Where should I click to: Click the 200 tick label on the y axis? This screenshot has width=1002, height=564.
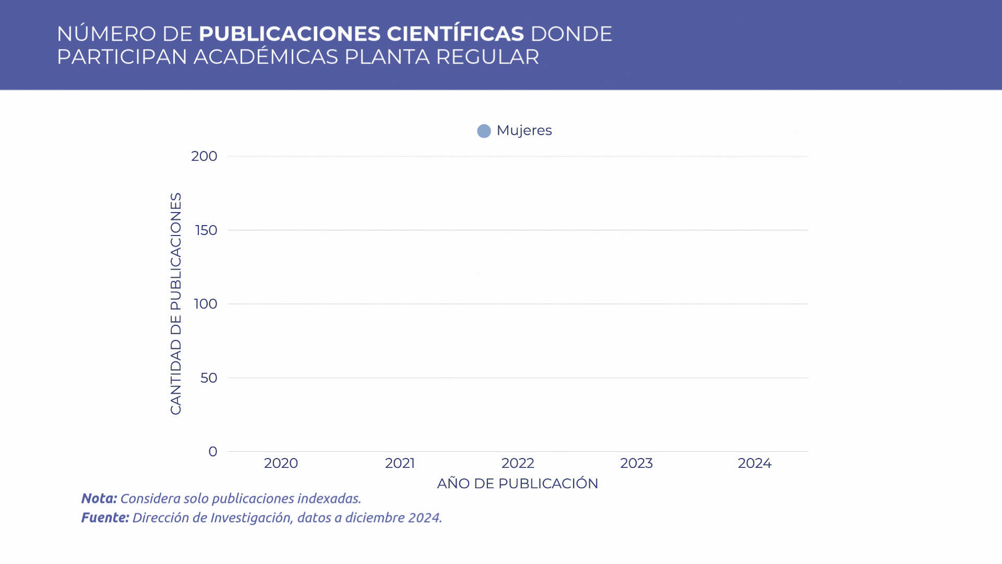tap(204, 156)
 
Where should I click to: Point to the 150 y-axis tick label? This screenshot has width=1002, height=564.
tap(206, 230)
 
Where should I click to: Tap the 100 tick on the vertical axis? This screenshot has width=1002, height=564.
tap(206, 304)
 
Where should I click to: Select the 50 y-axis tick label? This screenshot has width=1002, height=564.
tap(209, 378)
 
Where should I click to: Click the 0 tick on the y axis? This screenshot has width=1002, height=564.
tap(213, 452)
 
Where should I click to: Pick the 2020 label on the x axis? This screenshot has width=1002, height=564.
tap(281, 463)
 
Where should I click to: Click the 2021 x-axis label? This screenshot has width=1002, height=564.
tap(400, 463)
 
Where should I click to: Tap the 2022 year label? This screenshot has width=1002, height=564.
tap(518, 463)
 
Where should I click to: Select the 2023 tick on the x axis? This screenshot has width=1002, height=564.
tap(636, 463)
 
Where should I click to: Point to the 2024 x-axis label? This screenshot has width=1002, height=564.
tap(755, 463)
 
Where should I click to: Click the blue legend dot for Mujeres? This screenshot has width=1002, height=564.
tap(484, 131)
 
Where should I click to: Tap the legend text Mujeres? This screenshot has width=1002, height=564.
tap(524, 131)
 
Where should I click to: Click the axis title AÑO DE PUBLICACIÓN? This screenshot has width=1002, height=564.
tap(517, 484)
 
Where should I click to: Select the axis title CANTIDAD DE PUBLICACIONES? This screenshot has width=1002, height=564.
tap(176, 304)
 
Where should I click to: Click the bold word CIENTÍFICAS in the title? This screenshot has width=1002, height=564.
tap(455, 34)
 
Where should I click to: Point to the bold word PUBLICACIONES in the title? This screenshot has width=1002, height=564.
tap(290, 34)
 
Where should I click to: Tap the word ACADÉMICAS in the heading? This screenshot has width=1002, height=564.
tap(266, 57)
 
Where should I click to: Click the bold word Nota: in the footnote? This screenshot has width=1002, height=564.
tap(99, 499)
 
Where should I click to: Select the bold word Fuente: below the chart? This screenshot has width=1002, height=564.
tap(105, 518)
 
